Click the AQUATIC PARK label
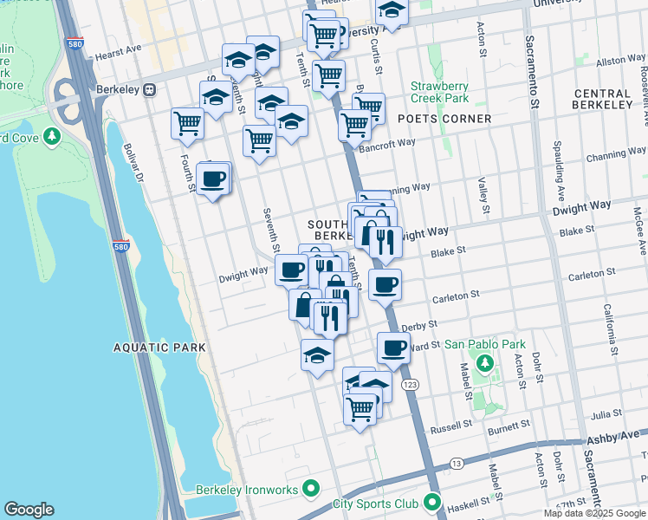click(x=159, y=348)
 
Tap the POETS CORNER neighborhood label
click(x=444, y=118)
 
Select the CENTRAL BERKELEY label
click(x=602, y=99)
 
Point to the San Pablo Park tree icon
click(x=485, y=361)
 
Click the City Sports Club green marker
click(x=431, y=504)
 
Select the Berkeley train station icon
click(x=150, y=88)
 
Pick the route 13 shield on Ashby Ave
click(x=456, y=464)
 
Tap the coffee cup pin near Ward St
click(x=393, y=348)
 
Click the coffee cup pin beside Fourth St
click(x=212, y=179)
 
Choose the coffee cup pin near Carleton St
click(x=385, y=283)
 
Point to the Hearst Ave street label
click(x=118, y=53)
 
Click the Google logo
click(x=29, y=510)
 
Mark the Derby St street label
click(x=418, y=325)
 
